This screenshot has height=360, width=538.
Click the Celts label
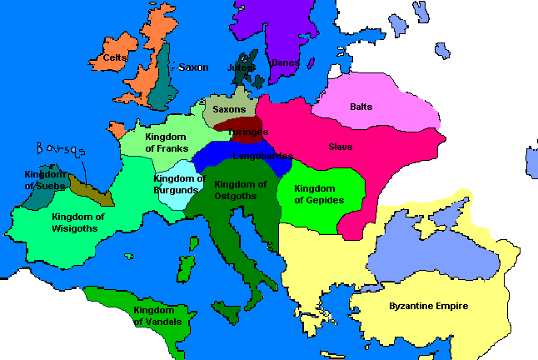click(115, 58)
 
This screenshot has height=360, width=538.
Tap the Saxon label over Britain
click(193, 67)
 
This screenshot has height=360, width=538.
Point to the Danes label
click(284, 63)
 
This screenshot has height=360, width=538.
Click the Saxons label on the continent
click(229, 109)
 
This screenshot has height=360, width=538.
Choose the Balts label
click(361, 107)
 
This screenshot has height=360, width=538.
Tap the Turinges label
click(247, 132)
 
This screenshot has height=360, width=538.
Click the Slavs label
click(340, 147)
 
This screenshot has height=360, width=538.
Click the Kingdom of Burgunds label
click(179, 184)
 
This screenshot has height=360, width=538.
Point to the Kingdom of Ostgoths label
click(240, 190)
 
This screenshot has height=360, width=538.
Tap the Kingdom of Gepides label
click(320, 194)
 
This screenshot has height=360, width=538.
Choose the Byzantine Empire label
click(429, 306)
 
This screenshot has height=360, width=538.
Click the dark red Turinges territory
click(237, 124)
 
